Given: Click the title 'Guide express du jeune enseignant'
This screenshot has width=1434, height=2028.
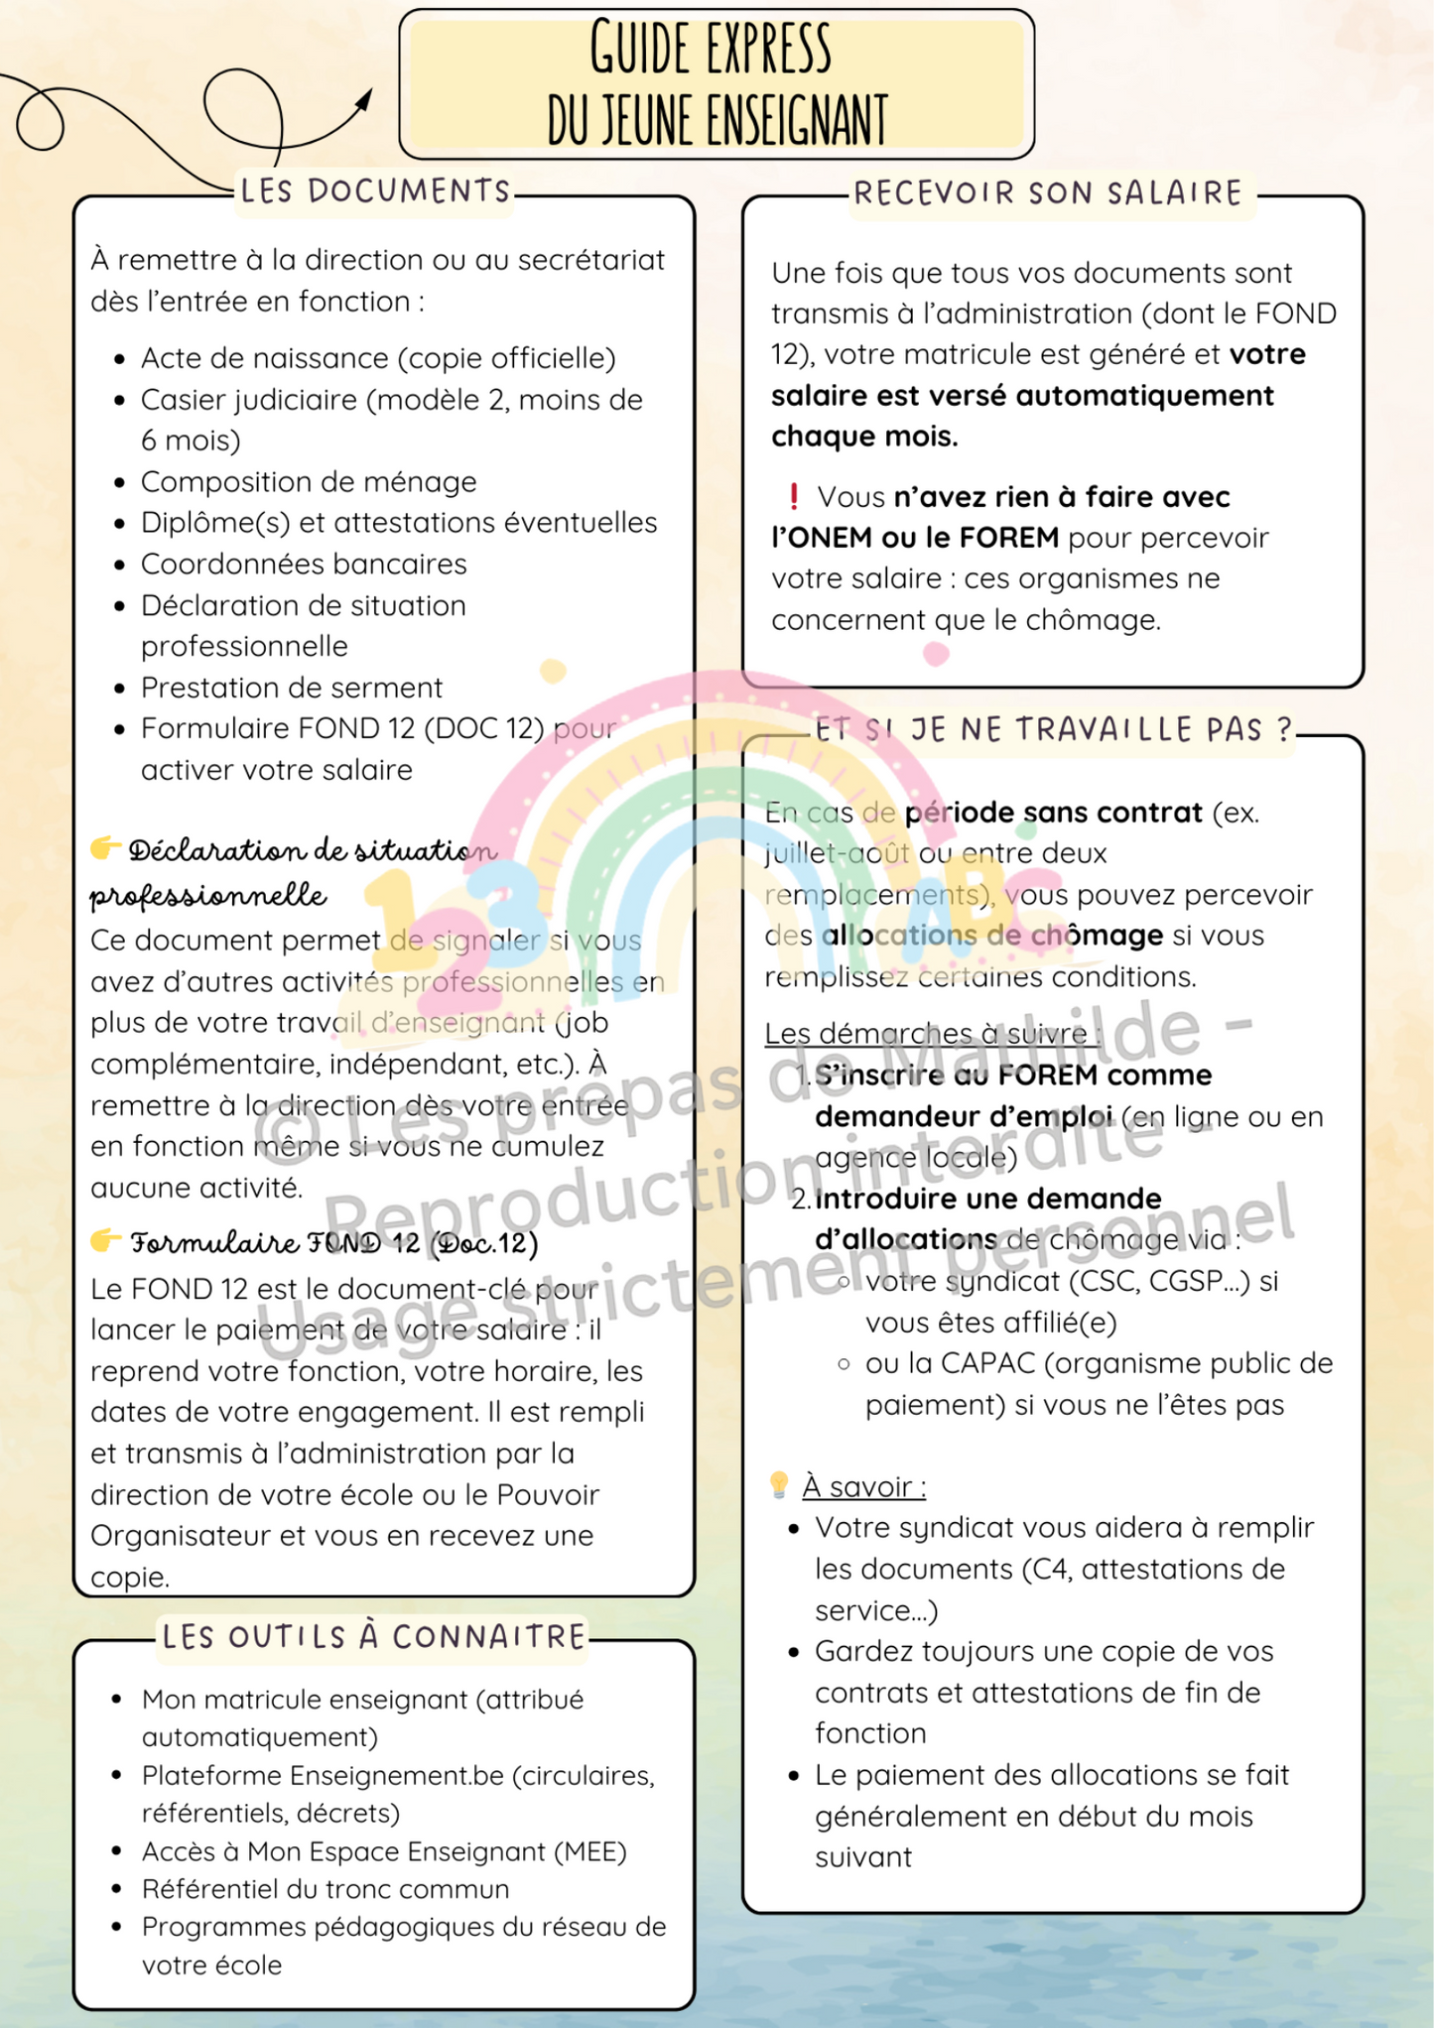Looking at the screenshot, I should [717, 83].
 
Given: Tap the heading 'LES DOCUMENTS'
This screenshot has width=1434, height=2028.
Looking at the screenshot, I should [375, 190].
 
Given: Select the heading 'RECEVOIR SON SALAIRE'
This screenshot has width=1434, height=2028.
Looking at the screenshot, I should [1048, 192].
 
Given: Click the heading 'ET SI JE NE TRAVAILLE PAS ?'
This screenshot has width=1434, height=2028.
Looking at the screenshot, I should [1054, 730].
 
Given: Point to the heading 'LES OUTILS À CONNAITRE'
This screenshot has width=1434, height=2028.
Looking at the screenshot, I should [374, 1636].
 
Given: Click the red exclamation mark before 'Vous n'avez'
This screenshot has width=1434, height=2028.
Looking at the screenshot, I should [794, 496].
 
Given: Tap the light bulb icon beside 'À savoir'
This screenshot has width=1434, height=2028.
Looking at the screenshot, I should [779, 1485].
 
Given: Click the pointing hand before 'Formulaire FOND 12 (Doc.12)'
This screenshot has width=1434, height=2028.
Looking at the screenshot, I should [105, 1240].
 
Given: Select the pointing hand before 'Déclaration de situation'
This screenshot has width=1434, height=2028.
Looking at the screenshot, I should [105, 848].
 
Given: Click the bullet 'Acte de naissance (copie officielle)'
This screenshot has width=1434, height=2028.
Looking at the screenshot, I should [378, 358].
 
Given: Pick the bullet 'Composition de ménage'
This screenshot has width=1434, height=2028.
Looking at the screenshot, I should [309, 482].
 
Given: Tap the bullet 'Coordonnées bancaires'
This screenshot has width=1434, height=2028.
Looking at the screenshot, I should [304, 565].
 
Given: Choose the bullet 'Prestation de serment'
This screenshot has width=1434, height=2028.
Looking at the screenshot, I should [292, 688].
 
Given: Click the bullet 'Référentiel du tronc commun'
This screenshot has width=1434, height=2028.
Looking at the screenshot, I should [326, 1889].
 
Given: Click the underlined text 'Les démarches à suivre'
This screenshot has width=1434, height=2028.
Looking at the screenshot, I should [930, 1034].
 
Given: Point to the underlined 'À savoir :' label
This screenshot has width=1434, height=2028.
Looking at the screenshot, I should [863, 1486].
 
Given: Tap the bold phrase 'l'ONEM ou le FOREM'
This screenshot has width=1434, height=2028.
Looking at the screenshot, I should [915, 538].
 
